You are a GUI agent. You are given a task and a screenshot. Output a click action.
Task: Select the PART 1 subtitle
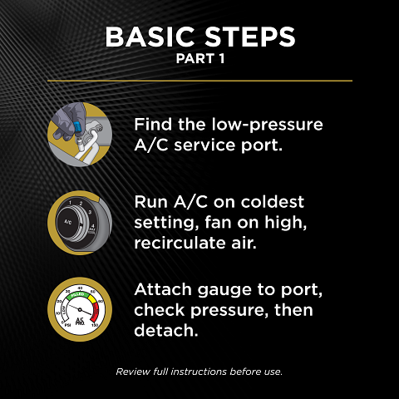pyautogui.click(x=199, y=61)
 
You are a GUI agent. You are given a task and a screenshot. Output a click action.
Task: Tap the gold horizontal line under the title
pyautogui.click(x=199, y=81)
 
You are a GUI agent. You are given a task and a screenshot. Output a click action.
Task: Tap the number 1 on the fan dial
pyautogui.click(x=72, y=202)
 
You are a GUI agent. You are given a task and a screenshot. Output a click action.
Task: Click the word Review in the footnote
pyautogui.click(x=132, y=371)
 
